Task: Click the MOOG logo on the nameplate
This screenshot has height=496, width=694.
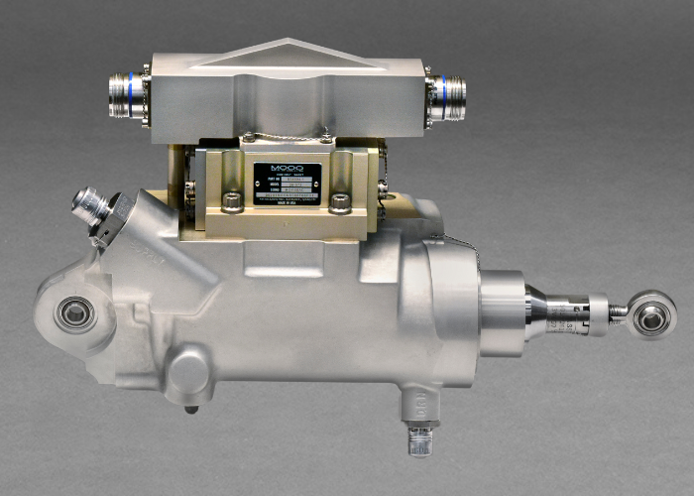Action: pos(287,169)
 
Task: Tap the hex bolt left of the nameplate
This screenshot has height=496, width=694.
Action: pos(231,202)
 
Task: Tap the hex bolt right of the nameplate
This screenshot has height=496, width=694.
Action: pos(340,202)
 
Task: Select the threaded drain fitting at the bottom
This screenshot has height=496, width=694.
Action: pos(418,436)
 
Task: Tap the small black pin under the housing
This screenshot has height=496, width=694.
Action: pos(191,408)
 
